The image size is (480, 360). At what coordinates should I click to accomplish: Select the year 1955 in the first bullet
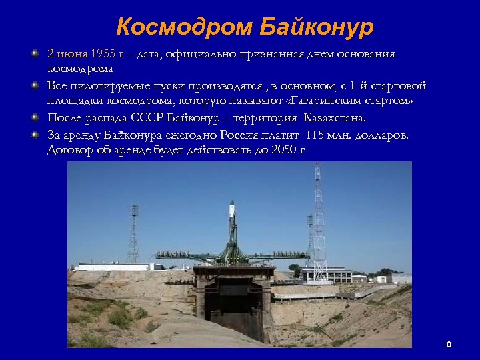(103, 54)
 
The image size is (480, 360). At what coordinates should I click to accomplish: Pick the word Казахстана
(334, 118)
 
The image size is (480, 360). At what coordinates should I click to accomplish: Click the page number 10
(447, 345)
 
